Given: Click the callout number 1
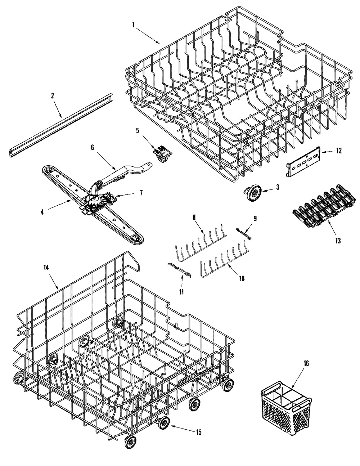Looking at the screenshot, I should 133,25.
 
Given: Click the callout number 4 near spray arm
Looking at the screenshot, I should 42,212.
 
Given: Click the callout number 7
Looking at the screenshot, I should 141,193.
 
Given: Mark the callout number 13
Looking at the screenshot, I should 338,240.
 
